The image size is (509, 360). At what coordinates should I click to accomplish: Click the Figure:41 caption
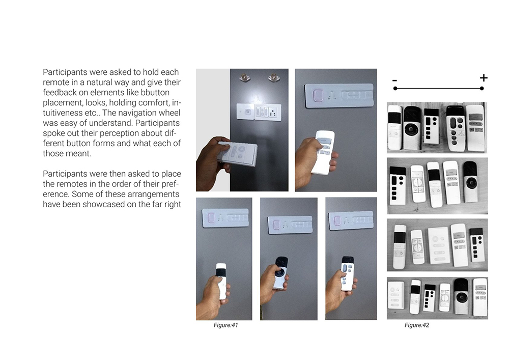225,325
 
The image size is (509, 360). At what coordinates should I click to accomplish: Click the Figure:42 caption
417,325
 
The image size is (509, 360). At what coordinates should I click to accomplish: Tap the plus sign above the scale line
484,78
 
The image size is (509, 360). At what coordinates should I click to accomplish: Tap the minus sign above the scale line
395,80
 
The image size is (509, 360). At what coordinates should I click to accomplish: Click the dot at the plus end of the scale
482,88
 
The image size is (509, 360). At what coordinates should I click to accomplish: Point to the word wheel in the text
169,113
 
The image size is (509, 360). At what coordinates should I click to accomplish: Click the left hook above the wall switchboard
243,77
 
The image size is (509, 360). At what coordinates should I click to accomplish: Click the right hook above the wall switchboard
272,77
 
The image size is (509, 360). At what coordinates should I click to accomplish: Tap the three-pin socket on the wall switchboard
272,113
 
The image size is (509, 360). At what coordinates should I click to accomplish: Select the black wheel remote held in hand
280,273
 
